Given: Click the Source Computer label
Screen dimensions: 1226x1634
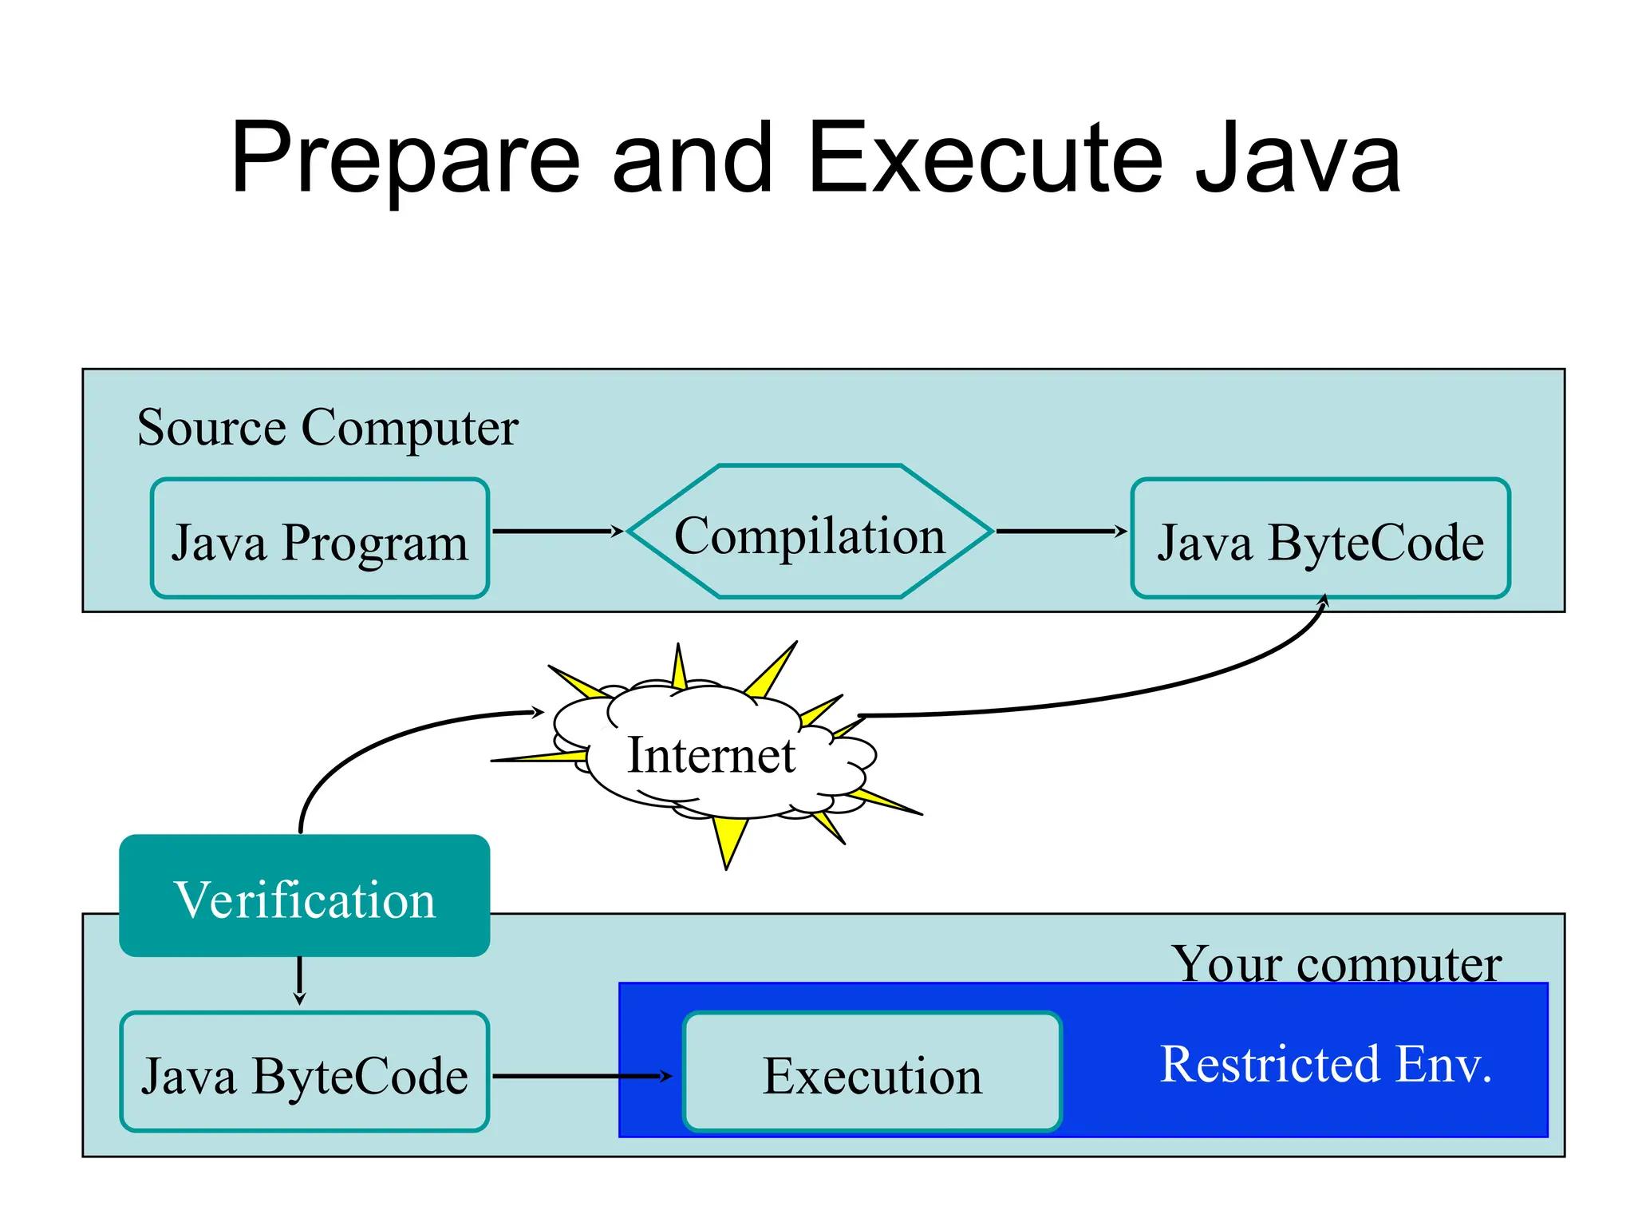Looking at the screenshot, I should (x=327, y=428).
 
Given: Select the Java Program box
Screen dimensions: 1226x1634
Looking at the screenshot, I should (x=319, y=539).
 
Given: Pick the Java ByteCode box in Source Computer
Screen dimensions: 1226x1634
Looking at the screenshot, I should (x=1320, y=539).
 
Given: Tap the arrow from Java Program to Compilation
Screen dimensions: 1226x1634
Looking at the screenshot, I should (x=555, y=531).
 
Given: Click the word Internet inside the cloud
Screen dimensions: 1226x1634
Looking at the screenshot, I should (x=711, y=755).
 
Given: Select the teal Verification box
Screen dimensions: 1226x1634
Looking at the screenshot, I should (x=304, y=896).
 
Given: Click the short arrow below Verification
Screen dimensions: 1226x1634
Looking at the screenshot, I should (x=299, y=980).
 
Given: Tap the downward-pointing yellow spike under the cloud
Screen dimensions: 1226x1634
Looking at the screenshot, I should (x=728, y=843).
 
